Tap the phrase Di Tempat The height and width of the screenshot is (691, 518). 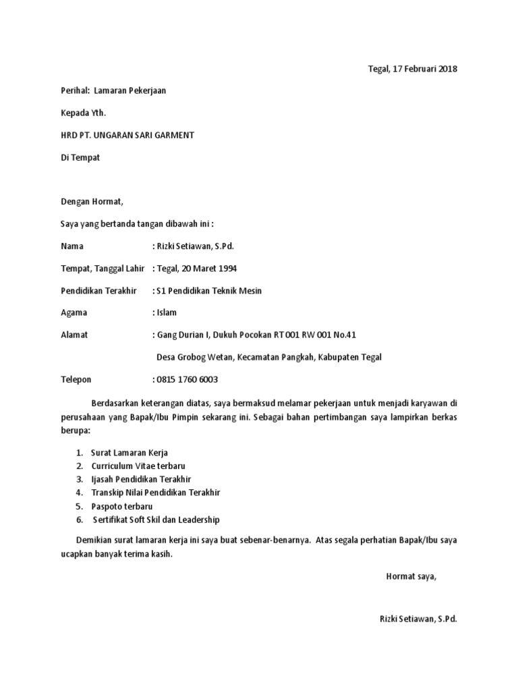80,157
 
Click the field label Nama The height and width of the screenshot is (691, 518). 72,246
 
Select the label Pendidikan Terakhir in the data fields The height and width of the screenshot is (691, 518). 98,291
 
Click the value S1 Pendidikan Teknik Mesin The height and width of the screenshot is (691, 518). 208,291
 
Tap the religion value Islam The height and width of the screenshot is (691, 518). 167,312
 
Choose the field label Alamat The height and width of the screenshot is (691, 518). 74,335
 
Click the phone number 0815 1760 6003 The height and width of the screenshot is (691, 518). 187,379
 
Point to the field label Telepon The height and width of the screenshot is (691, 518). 76,379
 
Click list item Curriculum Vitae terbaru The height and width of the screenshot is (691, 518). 138,466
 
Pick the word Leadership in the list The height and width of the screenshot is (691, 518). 196,520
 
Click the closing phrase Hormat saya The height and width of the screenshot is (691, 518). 411,576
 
